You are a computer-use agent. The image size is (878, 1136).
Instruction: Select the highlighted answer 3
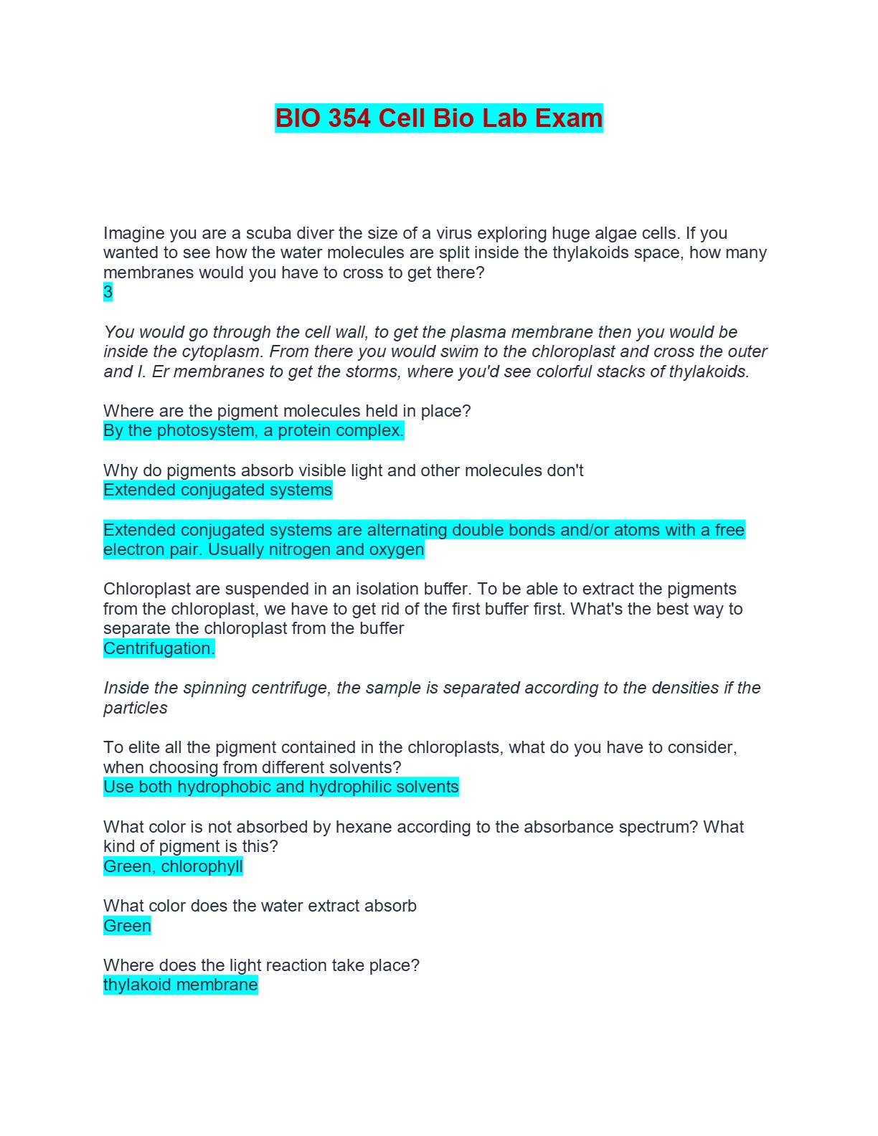pyautogui.click(x=108, y=292)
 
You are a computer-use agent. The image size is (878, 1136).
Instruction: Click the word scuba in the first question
pyautogui.click(x=268, y=233)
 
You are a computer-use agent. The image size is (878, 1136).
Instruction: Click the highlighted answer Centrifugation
pyautogui.click(x=159, y=648)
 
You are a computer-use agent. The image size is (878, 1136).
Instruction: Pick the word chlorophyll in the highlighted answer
pyautogui.click(x=202, y=866)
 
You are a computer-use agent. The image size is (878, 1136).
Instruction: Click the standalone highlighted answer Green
pyautogui.click(x=127, y=926)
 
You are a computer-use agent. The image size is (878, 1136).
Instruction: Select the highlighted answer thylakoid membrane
pyautogui.click(x=180, y=985)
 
